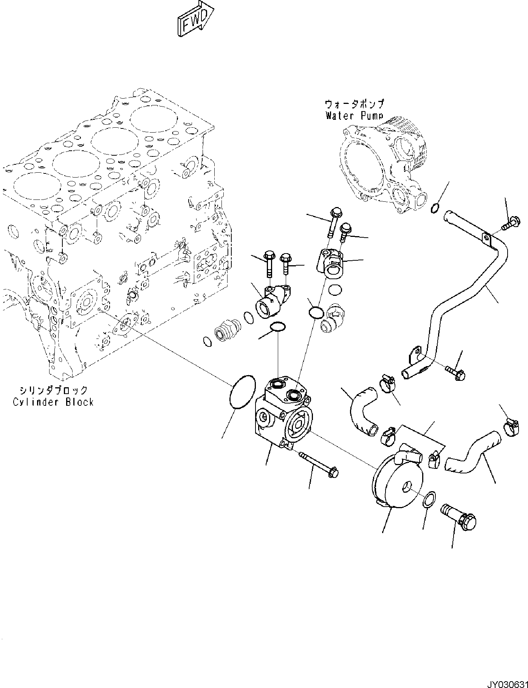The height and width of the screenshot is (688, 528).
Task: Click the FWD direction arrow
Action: coord(195,20)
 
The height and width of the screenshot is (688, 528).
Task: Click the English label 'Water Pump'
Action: coord(354,116)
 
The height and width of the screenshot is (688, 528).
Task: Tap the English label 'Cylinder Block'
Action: coord(53,402)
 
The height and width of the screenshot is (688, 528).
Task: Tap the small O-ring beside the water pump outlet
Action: coord(435,207)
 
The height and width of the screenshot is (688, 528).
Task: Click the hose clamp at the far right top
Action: coord(511,428)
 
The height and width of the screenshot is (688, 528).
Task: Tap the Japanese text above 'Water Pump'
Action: coord(354,104)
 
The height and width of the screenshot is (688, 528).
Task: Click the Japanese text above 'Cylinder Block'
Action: coord(53,390)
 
